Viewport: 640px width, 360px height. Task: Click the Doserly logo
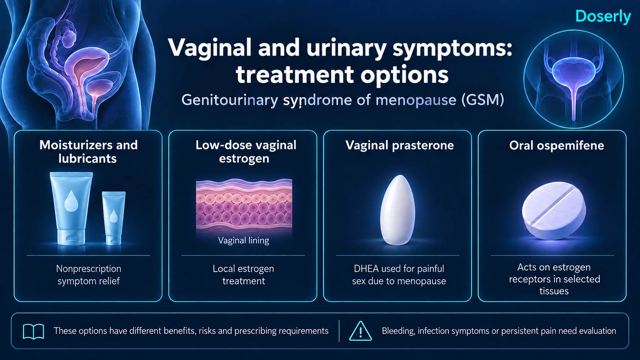click(x=603, y=16)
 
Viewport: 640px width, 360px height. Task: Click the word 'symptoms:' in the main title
click(x=452, y=49)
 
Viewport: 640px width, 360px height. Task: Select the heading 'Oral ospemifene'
click(x=557, y=146)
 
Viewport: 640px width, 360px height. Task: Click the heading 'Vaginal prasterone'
click(x=400, y=146)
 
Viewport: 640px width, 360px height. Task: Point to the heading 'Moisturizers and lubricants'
click(x=88, y=151)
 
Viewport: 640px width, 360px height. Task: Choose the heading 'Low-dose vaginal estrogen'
click(x=245, y=151)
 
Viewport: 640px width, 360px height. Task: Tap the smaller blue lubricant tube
click(x=114, y=218)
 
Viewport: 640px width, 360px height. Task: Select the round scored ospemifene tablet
click(x=554, y=211)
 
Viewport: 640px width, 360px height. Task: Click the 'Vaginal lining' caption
click(x=243, y=240)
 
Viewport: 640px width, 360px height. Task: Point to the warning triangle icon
click(x=361, y=331)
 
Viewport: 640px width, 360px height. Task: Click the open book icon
click(x=33, y=331)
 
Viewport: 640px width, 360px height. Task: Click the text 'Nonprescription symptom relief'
click(x=88, y=275)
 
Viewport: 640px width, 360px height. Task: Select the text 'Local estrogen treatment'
click(x=243, y=275)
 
